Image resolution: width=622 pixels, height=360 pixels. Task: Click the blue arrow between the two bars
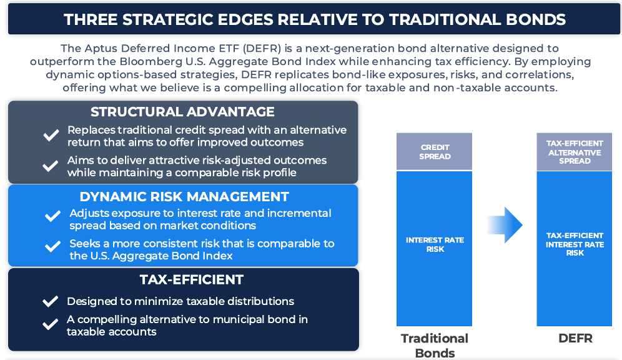click(x=505, y=224)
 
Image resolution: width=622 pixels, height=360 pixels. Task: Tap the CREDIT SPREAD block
click(x=435, y=152)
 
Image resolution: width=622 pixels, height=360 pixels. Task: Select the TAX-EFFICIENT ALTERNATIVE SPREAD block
click(x=575, y=152)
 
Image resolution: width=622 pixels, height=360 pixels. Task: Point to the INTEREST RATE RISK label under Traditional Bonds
click(x=435, y=244)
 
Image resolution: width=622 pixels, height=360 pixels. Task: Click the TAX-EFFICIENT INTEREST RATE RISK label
click(x=575, y=244)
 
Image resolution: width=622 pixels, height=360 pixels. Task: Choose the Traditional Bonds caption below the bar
click(x=435, y=346)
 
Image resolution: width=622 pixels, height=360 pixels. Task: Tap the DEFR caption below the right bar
click(x=575, y=338)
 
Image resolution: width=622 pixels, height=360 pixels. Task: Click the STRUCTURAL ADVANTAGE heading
click(x=182, y=112)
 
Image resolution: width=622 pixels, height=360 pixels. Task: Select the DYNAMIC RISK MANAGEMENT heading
click(x=184, y=196)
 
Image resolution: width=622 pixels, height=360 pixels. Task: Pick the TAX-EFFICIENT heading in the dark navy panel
click(x=191, y=279)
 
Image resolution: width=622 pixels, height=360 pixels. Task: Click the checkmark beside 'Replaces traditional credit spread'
click(x=51, y=136)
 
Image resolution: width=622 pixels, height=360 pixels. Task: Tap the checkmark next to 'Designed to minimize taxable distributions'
click(x=51, y=301)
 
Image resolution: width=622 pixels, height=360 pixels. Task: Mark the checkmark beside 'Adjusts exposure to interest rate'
click(x=52, y=216)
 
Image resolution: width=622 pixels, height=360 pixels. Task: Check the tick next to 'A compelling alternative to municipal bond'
click(x=51, y=324)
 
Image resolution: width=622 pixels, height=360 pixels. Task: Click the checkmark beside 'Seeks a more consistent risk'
click(x=52, y=246)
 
